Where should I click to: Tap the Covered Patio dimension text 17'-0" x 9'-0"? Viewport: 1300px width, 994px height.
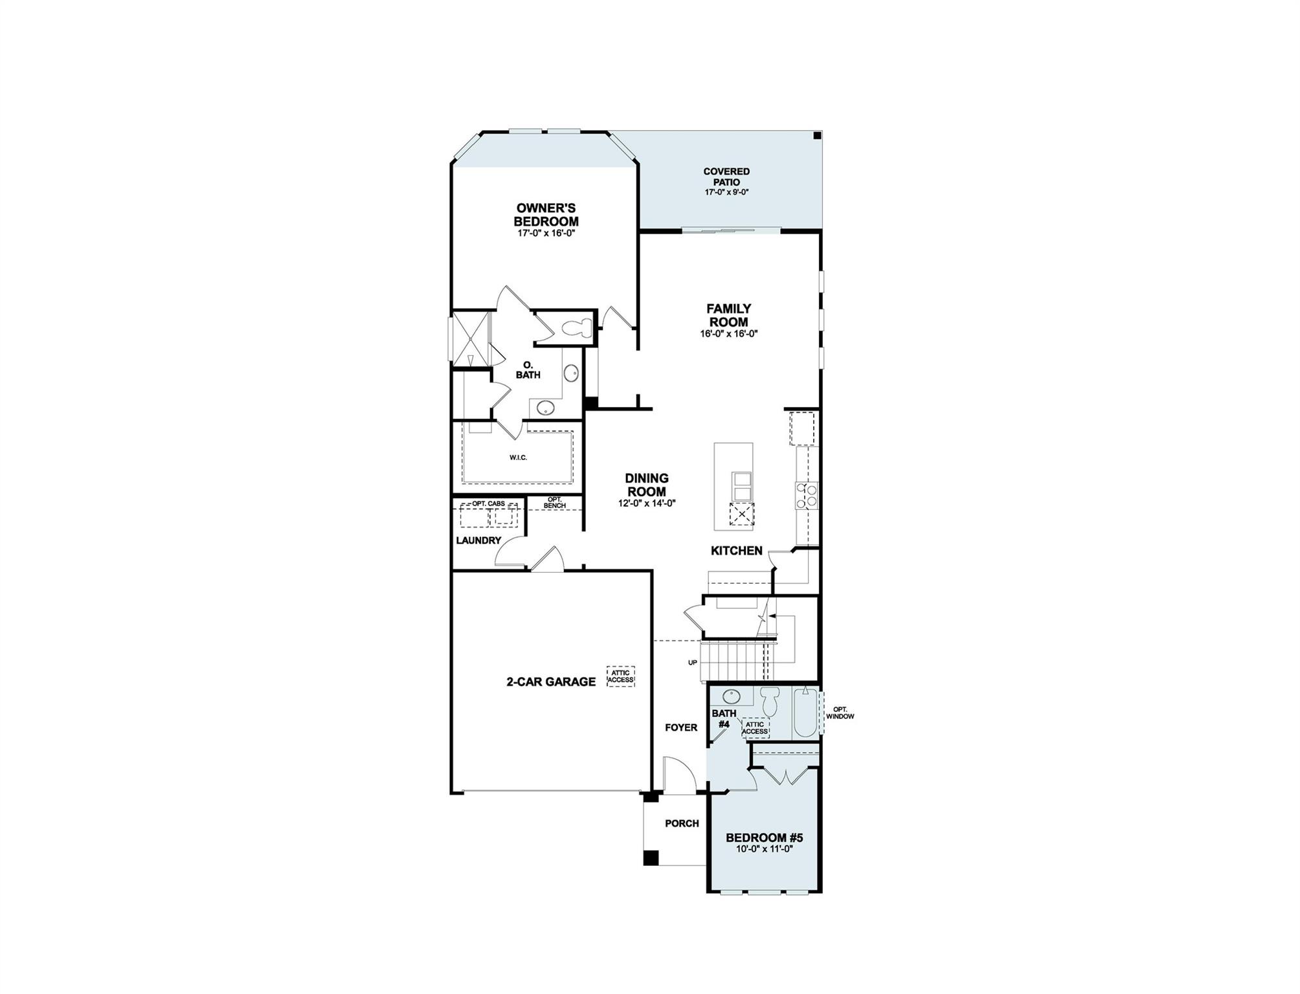click(726, 192)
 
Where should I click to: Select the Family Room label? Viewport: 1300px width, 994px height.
click(728, 316)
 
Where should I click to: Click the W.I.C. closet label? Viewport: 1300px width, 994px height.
click(518, 458)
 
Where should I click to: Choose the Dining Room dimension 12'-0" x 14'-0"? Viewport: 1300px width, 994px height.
click(646, 503)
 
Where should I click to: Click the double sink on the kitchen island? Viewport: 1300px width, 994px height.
click(742, 487)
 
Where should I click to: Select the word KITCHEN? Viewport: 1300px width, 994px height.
click(736, 551)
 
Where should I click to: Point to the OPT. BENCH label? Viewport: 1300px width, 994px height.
click(555, 502)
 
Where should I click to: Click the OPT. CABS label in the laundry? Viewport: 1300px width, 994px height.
click(488, 503)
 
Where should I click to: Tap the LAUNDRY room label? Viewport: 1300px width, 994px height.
click(478, 540)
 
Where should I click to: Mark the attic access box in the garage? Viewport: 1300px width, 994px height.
click(620, 676)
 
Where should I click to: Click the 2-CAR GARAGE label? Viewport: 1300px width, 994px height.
click(550, 681)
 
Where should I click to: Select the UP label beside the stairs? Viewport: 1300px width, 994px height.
click(692, 662)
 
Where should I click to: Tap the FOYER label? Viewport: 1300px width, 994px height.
click(680, 727)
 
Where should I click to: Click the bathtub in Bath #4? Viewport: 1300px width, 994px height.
click(806, 713)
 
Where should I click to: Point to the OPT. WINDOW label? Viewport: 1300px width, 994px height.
click(840, 713)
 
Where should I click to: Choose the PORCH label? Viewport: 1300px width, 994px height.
click(682, 823)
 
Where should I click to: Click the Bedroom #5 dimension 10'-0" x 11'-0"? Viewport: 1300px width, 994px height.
click(764, 848)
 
